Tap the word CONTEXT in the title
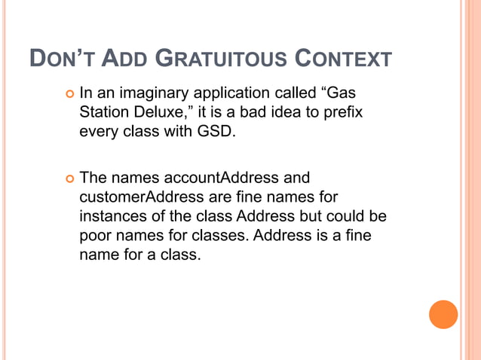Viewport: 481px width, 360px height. click(342, 59)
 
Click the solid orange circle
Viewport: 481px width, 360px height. click(443, 314)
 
